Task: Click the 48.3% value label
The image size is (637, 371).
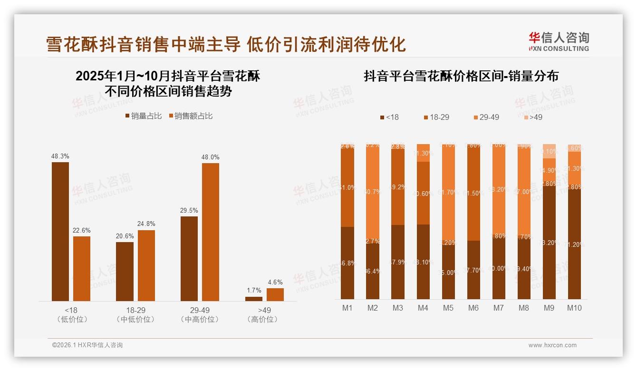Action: [60, 156]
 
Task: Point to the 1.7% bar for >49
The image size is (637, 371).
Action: [254, 299]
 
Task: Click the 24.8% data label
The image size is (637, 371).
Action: [146, 224]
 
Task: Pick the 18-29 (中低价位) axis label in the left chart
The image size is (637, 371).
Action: [135, 314]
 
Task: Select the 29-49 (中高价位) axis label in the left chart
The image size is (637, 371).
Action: [200, 314]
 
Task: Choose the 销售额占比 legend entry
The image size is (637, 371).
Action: [191, 116]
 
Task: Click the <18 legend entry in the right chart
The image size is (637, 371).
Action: [389, 117]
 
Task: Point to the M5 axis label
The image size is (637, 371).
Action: [448, 308]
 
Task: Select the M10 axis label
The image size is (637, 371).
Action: [574, 308]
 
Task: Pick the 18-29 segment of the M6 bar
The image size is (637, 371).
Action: [473, 193]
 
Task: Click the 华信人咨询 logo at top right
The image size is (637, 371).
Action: [559, 42]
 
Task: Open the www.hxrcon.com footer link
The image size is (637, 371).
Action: [552, 345]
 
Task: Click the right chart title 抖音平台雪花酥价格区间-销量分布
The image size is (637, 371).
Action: [461, 76]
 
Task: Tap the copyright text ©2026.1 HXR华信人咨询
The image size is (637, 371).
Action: [87, 345]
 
